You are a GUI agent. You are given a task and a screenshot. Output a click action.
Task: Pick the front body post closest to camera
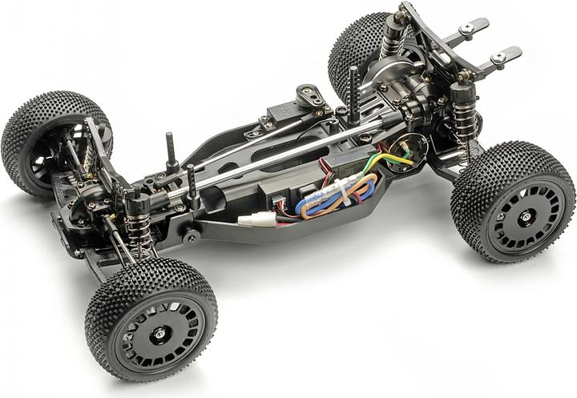[192, 183]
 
